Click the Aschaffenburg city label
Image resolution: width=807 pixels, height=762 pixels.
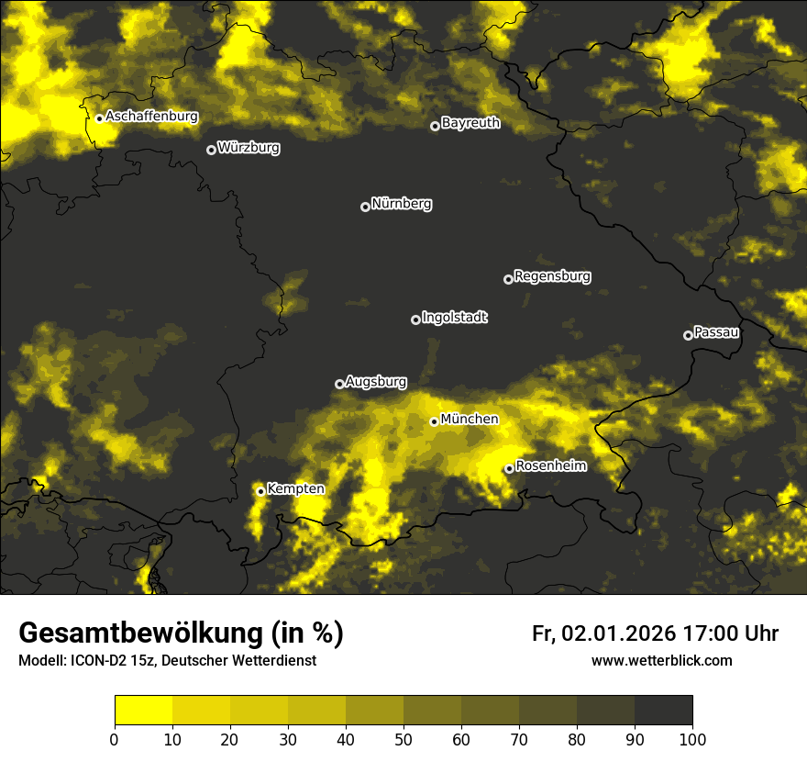click(x=151, y=117)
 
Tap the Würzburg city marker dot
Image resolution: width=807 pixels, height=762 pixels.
click(x=211, y=150)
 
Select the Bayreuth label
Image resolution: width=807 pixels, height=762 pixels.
click(x=470, y=122)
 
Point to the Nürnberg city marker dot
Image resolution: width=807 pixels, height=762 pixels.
click(x=365, y=207)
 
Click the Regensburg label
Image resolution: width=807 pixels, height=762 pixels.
click(x=552, y=275)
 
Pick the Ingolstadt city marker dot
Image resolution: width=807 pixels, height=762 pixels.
click(x=415, y=319)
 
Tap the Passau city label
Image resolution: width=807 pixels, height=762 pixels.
click(x=716, y=331)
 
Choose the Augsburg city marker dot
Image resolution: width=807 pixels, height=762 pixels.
click(x=339, y=384)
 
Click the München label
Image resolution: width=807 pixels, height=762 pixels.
click(x=470, y=419)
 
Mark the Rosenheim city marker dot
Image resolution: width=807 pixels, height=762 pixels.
click(x=509, y=469)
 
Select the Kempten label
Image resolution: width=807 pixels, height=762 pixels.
click(x=295, y=488)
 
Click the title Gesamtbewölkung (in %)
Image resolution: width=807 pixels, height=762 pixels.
click(x=181, y=633)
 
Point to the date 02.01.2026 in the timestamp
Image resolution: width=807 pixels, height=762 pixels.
click(x=619, y=633)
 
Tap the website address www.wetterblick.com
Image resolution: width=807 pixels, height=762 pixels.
click(x=661, y=660)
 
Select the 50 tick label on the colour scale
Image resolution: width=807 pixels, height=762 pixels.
click(x=403, y=739)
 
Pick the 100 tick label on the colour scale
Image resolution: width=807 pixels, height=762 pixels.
click(x=692, y=739)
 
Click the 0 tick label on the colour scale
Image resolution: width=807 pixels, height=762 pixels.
click(x=115, y=739)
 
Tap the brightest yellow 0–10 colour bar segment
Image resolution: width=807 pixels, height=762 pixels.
click(x=143, y=711)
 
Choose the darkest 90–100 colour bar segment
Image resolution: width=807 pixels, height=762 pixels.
click(x=663, y=711)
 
